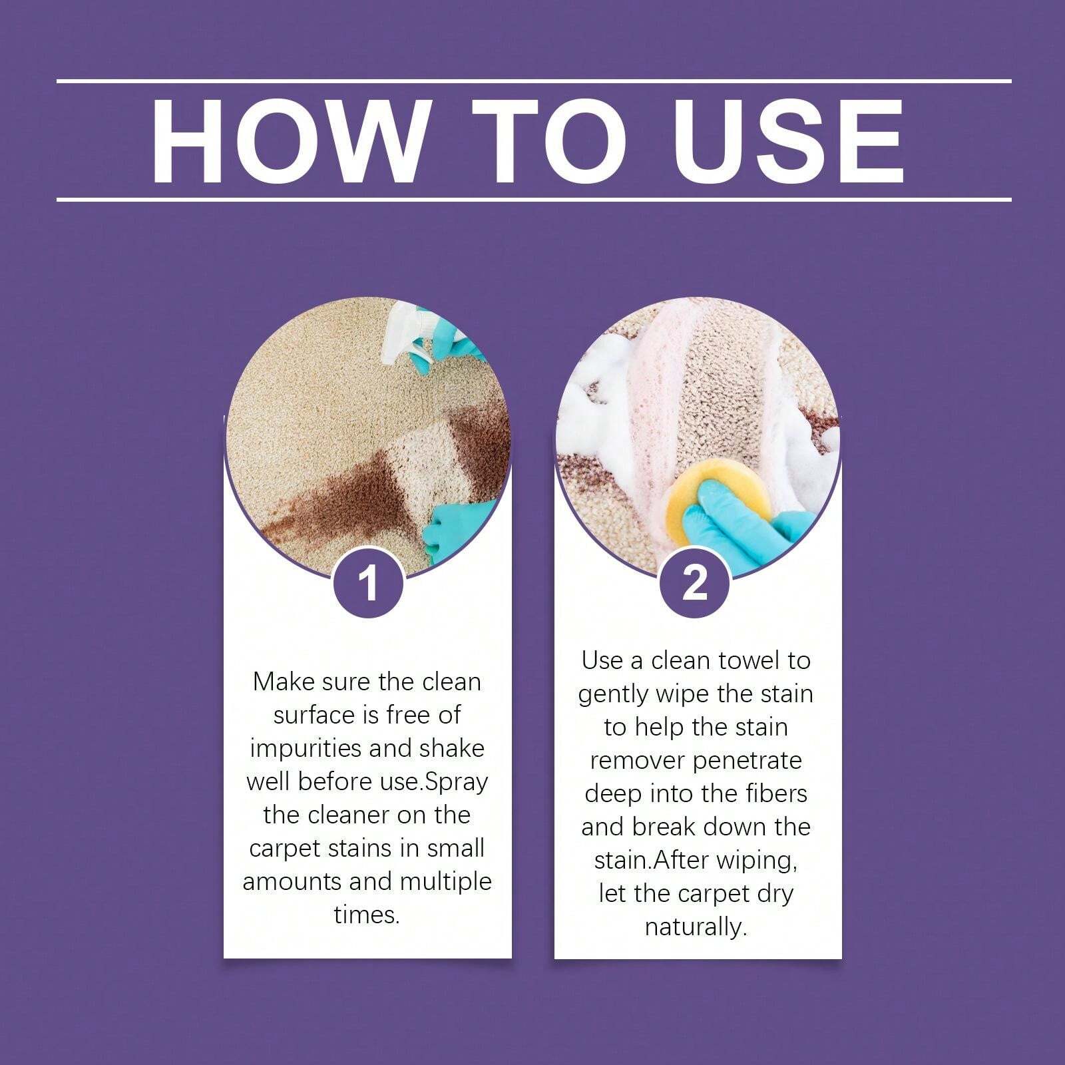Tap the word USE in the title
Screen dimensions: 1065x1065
pyautogui.click(x=793, y=141)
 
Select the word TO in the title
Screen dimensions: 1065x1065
pyautogui.click(x=549, y=141)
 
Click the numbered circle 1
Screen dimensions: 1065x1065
pyautogui.click(x=368, y=583)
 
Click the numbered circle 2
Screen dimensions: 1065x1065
pyautogui.click(x=695, y=583)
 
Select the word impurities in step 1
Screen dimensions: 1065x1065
pyautogui.click(x=306, y=749)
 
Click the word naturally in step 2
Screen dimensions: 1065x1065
pyautogui.click(x=696, y=927)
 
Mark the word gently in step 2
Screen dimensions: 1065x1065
pyautogui.click(x=612, y=695)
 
